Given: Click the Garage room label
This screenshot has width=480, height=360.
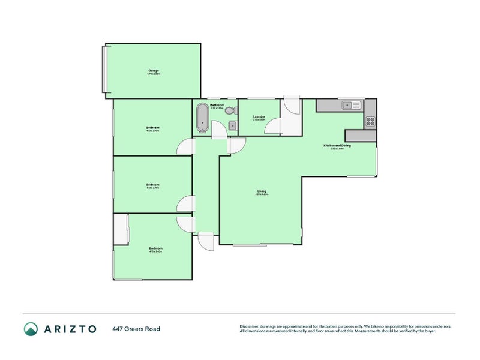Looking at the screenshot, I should point(154,72).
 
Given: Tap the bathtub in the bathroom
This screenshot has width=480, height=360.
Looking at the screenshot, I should point(202,118).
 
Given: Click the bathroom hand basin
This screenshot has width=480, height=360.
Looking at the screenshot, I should point(232,125).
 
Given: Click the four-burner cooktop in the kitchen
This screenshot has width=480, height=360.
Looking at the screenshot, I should point(370,121).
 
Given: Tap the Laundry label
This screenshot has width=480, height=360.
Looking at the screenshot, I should point(259,118).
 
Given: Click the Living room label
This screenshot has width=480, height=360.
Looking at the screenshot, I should point(261,192).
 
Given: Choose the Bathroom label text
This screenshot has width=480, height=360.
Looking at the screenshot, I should point(217,106).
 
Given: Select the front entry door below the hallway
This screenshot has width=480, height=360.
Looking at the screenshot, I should point(206,242).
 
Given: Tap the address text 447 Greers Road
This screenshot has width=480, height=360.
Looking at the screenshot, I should point(136,329).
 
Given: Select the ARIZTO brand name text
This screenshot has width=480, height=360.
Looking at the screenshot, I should point(69,329).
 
